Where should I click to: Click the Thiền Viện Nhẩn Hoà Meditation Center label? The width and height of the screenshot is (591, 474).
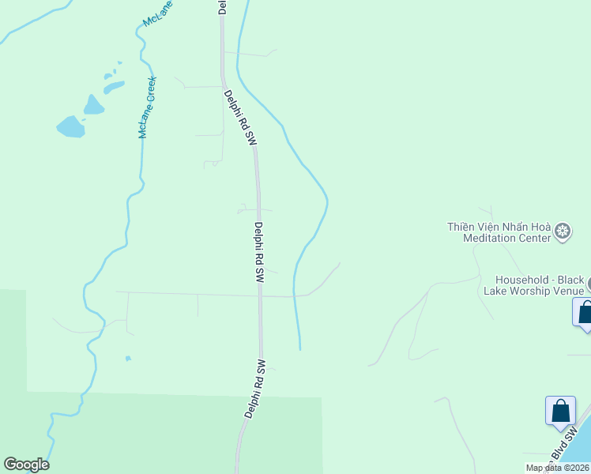[x=499, y=231]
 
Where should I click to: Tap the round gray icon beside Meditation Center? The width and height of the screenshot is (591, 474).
[x=563, y=231]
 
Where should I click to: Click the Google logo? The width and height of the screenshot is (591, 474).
[x=26, y=465]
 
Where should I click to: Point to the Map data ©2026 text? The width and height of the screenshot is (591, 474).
[x=556, y=468]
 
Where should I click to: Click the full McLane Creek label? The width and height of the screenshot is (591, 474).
[x=148, y=107]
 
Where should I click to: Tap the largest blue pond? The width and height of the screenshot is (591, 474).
[x=70, y=126]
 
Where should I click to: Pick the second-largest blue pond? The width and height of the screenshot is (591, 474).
[x=94, y=104]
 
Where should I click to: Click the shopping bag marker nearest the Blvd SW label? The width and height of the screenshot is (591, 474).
[x=560, y=412]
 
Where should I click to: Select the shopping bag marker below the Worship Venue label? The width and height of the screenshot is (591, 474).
[x=585, y=312]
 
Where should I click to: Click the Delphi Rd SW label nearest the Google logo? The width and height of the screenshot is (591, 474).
[x=254, y=389]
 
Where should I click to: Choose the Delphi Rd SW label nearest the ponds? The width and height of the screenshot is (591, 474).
[x=240, y=117]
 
